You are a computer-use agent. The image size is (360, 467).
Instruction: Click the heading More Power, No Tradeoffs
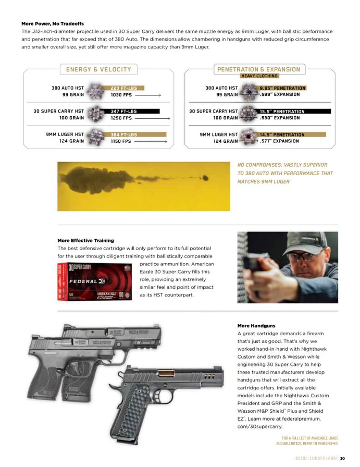tap(52, 23)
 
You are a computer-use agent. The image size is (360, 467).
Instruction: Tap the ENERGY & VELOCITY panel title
tap(98, 69)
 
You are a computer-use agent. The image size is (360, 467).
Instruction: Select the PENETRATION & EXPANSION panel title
tap(258, 69)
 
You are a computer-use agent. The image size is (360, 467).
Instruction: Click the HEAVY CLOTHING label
tap(259, 76)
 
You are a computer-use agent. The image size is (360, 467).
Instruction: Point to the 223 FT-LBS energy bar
tap(123, 88)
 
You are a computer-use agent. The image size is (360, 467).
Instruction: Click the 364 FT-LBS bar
tap(123, 134)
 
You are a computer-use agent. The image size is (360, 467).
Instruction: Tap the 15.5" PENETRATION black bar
tap(294, 112)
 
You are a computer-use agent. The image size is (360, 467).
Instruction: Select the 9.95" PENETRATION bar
tap(282, 88)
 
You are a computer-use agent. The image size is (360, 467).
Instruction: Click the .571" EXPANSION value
tap(280, 141)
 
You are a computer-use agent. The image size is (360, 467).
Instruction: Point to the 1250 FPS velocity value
tap(121, 118)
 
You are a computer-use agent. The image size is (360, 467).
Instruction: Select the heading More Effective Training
tap(85, 240)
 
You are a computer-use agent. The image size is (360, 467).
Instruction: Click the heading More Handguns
tap(256, 326)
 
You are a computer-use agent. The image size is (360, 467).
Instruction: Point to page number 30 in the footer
tap(342, 459)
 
